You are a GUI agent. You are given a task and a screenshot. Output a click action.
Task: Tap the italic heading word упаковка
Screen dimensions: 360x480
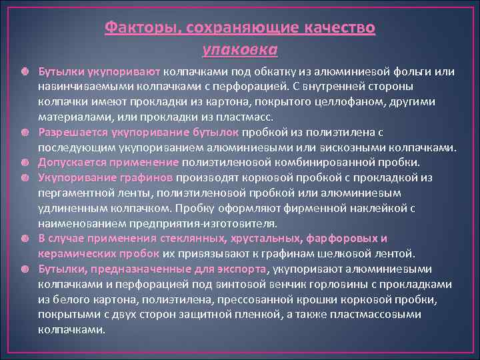click(240, 50)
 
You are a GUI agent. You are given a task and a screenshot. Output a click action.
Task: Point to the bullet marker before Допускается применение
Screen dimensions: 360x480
click(24, 163)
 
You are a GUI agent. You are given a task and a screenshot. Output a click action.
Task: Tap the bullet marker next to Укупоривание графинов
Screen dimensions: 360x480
click(24, 178)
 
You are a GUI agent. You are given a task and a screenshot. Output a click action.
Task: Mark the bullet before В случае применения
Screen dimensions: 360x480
click(24, 239)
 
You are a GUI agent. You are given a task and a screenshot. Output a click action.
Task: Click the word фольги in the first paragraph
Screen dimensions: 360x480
click(399, 71)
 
